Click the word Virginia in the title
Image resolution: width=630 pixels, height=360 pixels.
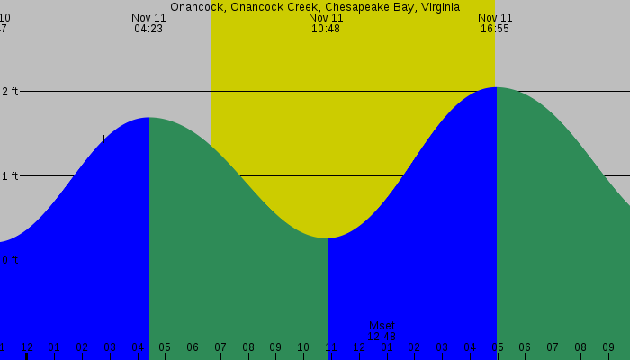pos(436,6)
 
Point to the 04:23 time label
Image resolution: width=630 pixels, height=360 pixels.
pos(148,29)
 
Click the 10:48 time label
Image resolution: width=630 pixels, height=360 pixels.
pos(326,29)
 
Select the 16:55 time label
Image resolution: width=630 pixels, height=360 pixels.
pos(495,29)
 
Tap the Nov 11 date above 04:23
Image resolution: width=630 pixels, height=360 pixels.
pos(148,17)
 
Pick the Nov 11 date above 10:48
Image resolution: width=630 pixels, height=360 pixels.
pos(326,17)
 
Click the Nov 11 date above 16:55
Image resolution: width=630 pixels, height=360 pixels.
pos(495,17)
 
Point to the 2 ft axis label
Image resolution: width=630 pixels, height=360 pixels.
pos(10,92)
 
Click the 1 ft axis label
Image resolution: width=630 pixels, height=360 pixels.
pos(10,176)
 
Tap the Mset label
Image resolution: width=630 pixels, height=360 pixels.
pos(382,326)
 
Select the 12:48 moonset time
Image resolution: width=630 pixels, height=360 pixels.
pos(382,337)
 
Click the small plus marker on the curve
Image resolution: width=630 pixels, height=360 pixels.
pos(104,139)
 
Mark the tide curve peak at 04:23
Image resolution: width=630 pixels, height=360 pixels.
pos(148,118)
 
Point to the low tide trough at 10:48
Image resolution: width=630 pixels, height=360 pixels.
pos(327,238)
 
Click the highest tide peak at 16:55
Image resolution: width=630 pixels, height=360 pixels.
pos(496,87)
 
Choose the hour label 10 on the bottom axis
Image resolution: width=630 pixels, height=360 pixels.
pos(303,347)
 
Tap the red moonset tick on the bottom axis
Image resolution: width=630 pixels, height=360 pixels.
pos(382,355)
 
